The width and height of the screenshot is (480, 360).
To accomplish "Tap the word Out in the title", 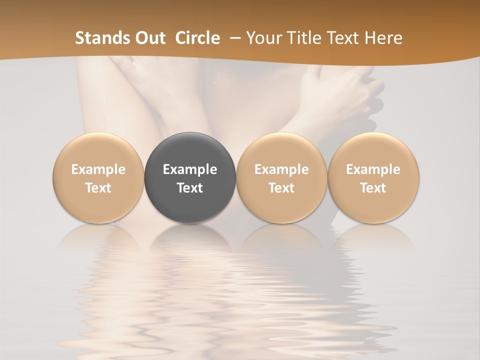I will (x=149, y=38).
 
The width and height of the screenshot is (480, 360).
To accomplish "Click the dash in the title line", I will (x=234, y=38).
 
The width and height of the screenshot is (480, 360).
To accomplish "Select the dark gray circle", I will (x=190, y=177).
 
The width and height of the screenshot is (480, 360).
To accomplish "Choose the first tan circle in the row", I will (x=98, y=177).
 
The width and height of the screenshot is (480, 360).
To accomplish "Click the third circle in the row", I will (x=281, y=177).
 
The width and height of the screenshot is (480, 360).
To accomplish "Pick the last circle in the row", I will (x=373, y=177).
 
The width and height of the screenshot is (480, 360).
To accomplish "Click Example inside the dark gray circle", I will (x=190, y=169).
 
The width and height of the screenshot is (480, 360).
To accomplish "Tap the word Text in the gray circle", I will (x=190, y=188).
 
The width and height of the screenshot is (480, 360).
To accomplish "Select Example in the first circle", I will (x=98, y=169).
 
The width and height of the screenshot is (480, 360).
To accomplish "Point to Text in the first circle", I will (x=98, y=188).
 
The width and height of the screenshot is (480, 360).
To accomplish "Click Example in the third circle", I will (x=281, y=169).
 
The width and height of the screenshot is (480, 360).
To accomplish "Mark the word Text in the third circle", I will (x=281, y=188).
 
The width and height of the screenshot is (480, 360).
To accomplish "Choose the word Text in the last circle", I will (x=373, y=188).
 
